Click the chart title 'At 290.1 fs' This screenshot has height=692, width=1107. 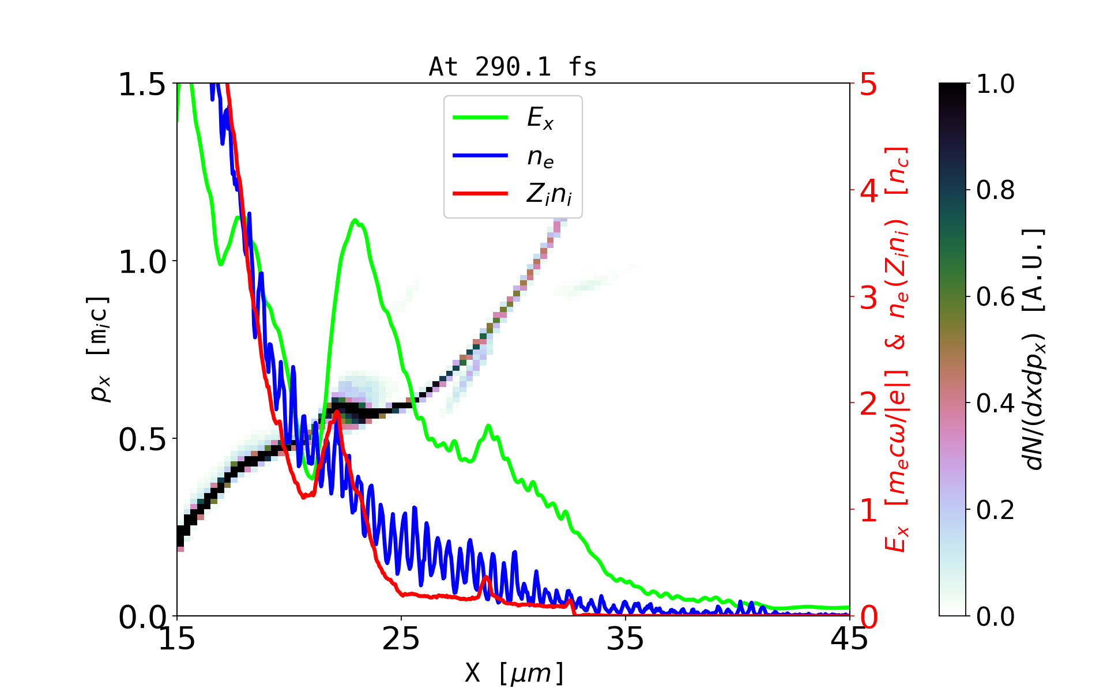[x=513, y=67]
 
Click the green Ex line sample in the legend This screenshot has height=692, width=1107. [x=480, y=118]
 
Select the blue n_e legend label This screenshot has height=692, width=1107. [x=540, y=156]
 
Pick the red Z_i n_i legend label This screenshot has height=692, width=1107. [x=549, y=194]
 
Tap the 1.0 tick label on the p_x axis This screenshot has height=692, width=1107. [x=142, y=262]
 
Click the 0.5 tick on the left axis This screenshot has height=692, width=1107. [x=142, y=439]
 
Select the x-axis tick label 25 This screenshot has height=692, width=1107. [x=401, y=639]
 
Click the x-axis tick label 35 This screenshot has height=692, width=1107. [x=626, y=639]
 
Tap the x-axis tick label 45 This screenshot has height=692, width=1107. [x=849, y=639]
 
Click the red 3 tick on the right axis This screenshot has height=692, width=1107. [x=868, y=298]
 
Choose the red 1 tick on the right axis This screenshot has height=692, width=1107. [x=868, y=510]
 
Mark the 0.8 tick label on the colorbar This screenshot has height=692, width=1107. [x=995, y=190]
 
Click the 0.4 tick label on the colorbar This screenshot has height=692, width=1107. [x=995, y=404]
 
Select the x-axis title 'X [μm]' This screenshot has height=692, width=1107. [x=514, y=672]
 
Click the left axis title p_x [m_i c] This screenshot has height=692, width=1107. [x=99, y=349]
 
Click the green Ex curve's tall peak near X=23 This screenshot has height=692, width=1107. [x=355, y=220]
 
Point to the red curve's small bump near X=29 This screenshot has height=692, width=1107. [x=485, y=577]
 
